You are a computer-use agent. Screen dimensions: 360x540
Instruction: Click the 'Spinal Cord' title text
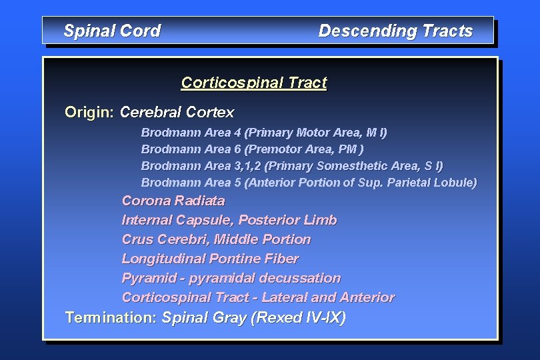112,31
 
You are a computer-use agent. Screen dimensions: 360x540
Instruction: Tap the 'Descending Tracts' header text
395,31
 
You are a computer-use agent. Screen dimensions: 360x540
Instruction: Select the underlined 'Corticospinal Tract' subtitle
254,83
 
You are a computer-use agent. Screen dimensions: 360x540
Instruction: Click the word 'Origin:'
89,112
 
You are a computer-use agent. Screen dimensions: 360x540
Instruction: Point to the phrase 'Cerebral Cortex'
177,112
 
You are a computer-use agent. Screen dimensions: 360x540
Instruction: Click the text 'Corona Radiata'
173,201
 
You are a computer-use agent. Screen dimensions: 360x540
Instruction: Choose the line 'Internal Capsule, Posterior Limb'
229,220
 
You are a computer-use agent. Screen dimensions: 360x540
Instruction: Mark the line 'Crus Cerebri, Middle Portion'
216,239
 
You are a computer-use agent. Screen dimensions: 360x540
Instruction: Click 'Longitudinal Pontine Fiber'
210,259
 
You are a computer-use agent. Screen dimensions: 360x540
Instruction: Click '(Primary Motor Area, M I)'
316,133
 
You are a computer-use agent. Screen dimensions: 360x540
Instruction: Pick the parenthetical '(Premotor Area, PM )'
305,149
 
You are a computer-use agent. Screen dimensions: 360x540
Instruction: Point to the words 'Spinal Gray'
204,318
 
